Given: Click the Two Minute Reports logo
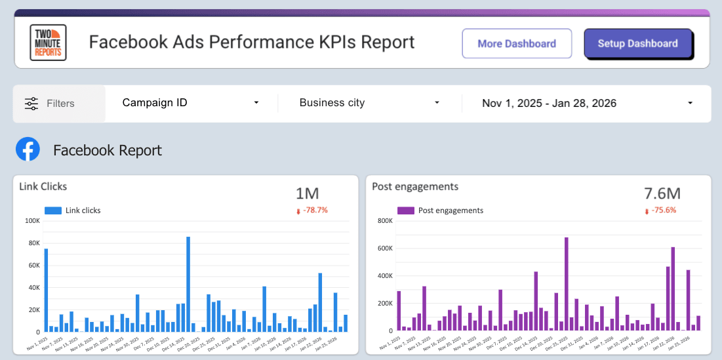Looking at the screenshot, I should pyautogui.click(x=49, y=43).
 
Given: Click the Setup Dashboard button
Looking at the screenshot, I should pyautogui.click(x=637, y=44).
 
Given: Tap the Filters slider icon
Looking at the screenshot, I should pyautogui.click(x=31, y=104).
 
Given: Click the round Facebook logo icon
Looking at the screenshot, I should pyautogui.click(x=28, y=150).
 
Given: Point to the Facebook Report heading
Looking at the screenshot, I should pyautogui.click(x=108, y=150).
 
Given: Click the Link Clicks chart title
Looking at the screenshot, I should pyautogui.click(x=43, y=186).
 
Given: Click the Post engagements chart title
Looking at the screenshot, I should pyautogui.click(x=414, y=186).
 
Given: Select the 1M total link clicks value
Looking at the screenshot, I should pyautogui.click(x=307, y=193).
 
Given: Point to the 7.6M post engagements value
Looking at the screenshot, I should pyautogui.click(x=662, y=193).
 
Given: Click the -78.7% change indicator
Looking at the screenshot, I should pyautogui.click(x=312, y=210).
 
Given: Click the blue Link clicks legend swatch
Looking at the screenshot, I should pyautogui.click(x=53, y=210).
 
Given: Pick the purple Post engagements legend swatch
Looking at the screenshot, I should pyautogui.click(x=406, y=210).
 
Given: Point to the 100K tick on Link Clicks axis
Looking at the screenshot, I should pyautogui.click(x=31, y=221).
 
